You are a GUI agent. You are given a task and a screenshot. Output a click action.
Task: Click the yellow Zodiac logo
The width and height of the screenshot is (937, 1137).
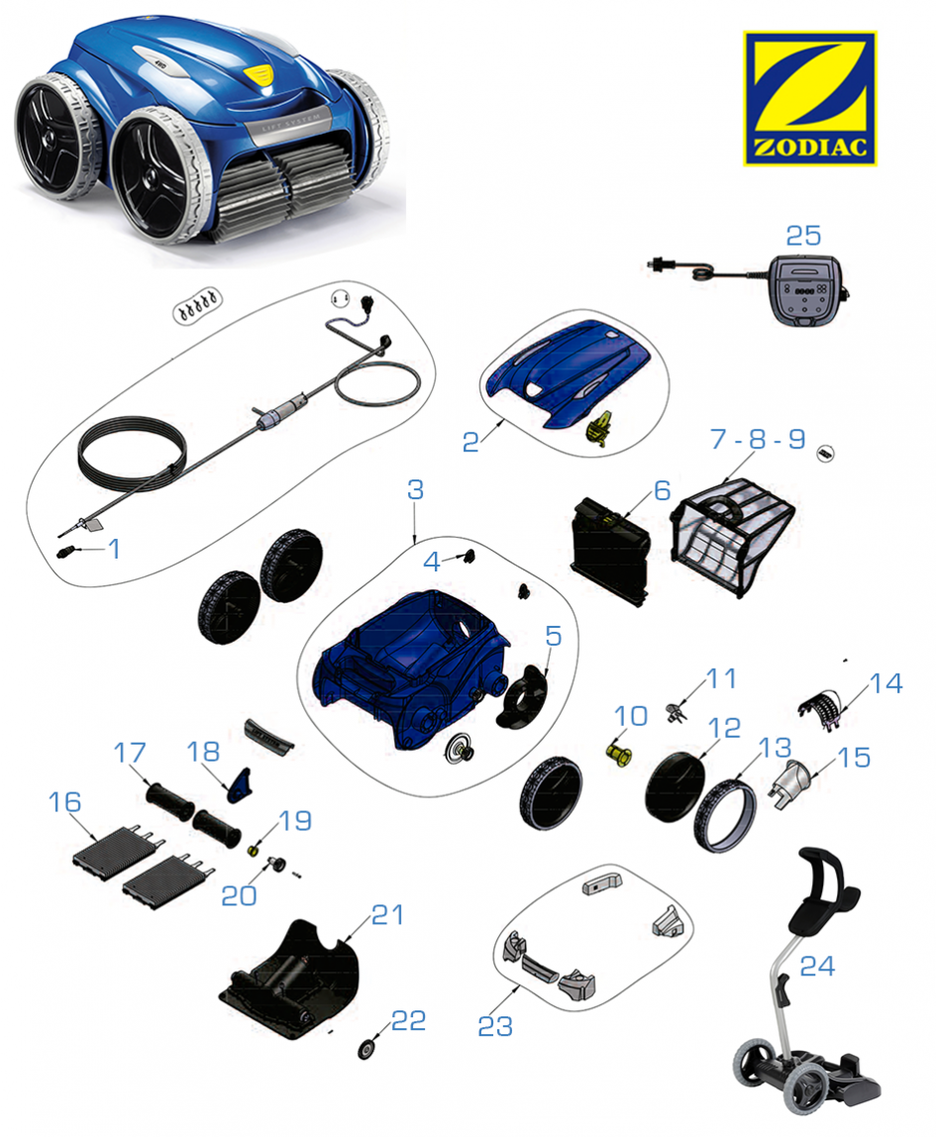(x=809, y=98)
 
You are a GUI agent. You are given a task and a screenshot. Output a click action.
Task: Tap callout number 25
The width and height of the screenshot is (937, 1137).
(x=803, y=236)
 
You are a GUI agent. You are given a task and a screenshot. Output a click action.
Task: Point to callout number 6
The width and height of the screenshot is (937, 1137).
(x=662, y=491)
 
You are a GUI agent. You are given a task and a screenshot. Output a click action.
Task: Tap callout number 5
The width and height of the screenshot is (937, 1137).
(x=554, y=636)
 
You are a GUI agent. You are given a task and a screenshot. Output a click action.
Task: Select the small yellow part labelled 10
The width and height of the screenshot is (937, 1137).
(x=617, y=753)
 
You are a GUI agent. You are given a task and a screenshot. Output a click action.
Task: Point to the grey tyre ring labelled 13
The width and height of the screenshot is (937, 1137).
(x=724, y=814)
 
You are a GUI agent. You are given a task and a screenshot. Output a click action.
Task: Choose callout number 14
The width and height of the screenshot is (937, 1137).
(x=885, y=683)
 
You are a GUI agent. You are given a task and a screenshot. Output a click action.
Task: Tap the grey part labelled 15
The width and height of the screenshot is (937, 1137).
(x=790, y=783)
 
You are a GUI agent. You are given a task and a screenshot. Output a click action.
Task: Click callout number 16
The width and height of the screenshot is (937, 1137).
(x=64, y=802)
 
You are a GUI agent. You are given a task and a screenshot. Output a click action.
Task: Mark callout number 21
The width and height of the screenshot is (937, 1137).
(x=387, y=915)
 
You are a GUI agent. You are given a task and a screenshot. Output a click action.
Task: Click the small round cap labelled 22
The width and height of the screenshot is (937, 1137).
(x=366, y=1049)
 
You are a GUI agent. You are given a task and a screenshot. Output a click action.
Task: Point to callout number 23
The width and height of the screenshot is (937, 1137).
(x=495, y=1026)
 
